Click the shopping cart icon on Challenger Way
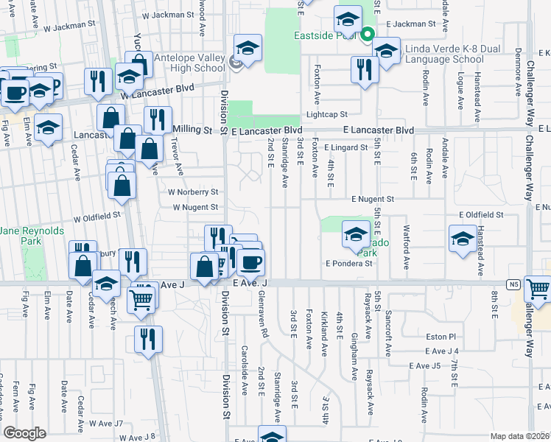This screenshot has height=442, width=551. [x=538, y=290]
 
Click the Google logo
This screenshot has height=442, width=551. [x=25, y=432]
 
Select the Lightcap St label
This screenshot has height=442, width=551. [x=326, y=114]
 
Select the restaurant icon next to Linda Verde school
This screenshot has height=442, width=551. [x=365, y=69]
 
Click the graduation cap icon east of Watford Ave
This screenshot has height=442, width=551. [x=463, y=239]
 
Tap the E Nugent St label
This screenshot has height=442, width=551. [x=373, y=199]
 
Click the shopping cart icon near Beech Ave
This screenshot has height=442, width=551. [x=141, y=299]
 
